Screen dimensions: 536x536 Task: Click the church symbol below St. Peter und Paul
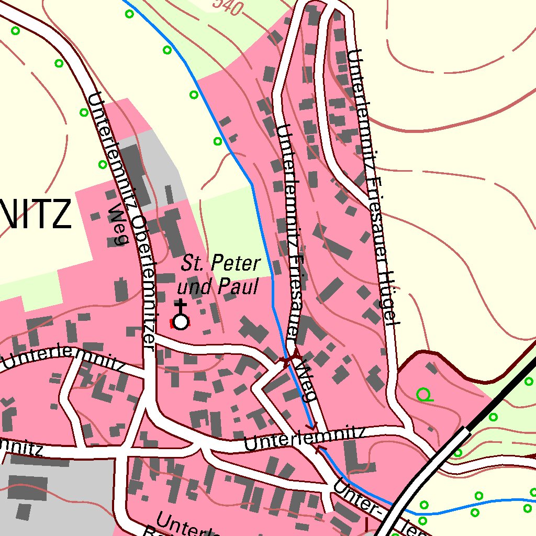(x=181, y=320)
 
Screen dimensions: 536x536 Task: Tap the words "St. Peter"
(x=220, y=264)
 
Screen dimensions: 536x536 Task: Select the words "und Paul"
(x=218, y=287)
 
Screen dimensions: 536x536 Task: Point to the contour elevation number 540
(x=229, y=6)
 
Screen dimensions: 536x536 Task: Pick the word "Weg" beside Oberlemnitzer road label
(x=119, y=225)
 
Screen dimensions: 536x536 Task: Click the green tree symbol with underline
(x=423, y=394)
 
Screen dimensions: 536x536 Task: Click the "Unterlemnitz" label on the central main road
(x=304, y=438)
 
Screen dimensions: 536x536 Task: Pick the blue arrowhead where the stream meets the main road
(x=313, y=425)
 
